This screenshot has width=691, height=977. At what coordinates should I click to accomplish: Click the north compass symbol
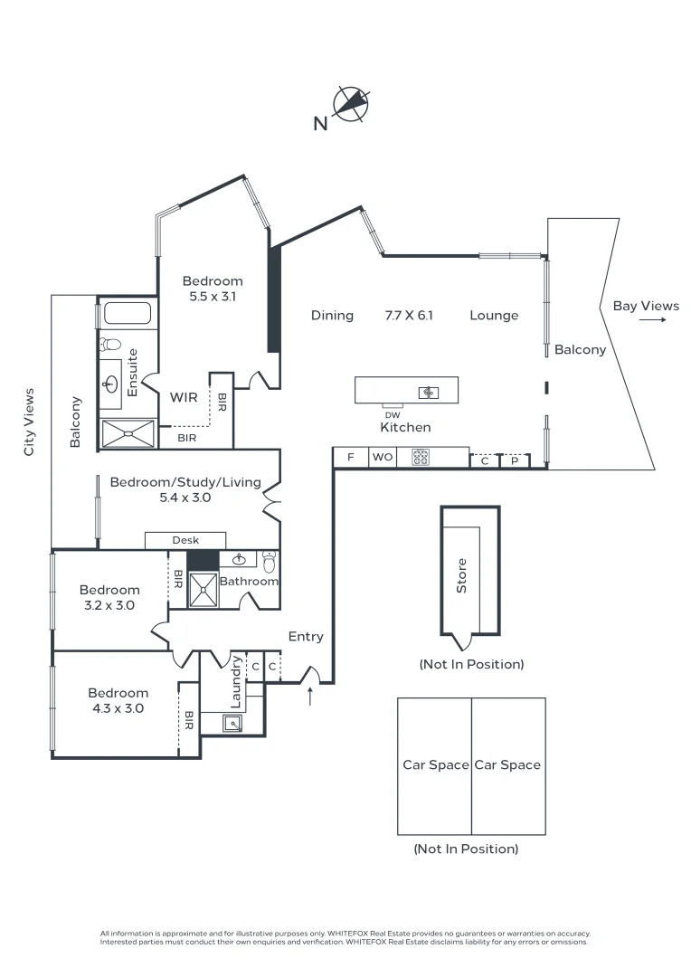[352, 104]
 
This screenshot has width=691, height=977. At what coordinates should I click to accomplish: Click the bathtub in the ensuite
[127, 314]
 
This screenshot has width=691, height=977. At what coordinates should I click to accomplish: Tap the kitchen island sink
[428, 392]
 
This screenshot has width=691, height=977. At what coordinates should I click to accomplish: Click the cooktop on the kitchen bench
[421, 458]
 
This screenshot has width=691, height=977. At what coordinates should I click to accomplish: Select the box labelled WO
[383, 458]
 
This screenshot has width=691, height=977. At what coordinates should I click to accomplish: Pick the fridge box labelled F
[350, 458]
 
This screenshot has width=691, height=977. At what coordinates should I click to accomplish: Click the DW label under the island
[392, 415]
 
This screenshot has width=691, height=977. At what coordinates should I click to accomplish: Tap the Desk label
[185, 540]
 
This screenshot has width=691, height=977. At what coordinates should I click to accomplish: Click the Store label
[462, 575]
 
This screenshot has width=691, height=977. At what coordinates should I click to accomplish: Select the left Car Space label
[435, 764]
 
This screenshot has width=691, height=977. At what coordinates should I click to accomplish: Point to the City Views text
[29, 422]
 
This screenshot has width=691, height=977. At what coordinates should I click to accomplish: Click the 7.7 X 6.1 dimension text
[409, 316]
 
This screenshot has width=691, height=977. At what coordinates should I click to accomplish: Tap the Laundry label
[236, 682]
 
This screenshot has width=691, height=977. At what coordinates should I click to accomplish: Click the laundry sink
[233, 722]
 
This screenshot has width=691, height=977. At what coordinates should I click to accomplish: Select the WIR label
[184, 397]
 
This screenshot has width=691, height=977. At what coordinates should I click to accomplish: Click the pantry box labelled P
[514, 460]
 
